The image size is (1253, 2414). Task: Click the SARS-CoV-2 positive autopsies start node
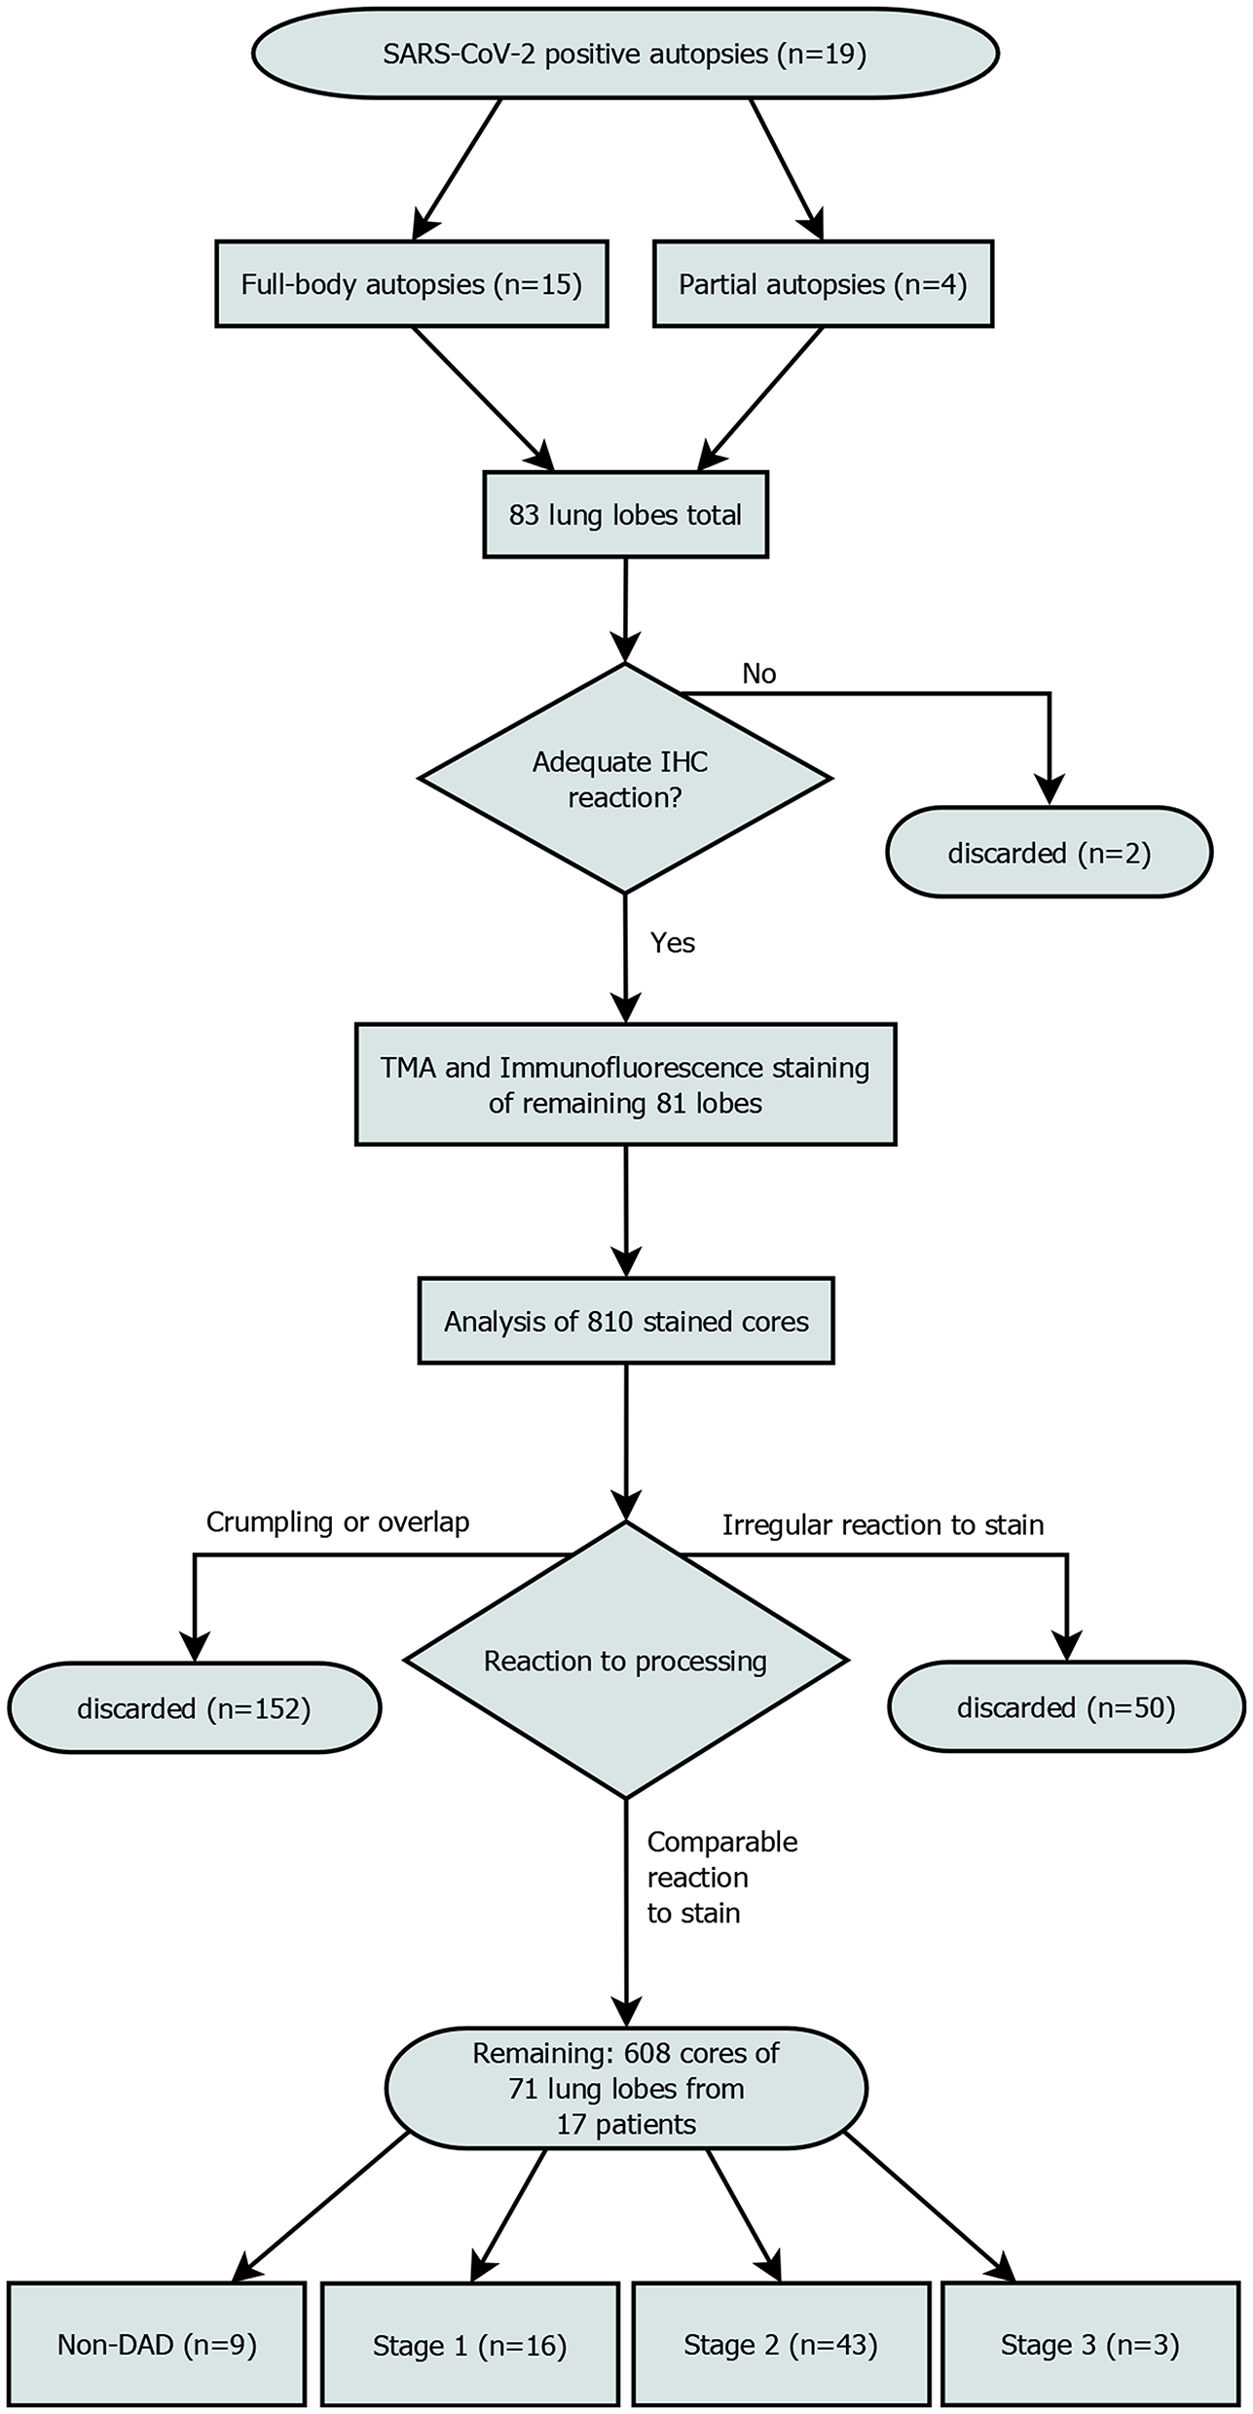(625, 54)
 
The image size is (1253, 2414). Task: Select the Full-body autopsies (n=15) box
(411, 284)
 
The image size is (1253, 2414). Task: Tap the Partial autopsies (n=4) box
(823, 284)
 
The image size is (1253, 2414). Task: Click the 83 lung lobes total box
(625, 514)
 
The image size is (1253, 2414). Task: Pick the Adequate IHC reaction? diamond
(625, 779)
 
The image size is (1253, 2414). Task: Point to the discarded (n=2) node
(1049, 854)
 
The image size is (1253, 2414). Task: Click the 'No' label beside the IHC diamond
(758, 674)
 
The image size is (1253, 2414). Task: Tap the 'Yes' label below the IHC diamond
(672, 942)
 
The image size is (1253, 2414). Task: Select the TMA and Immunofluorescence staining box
(625, 1084)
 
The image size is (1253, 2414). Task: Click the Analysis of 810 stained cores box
(625, 1321)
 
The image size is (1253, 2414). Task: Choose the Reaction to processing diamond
(625, 1661)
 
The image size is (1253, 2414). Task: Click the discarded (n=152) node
(194, 1708)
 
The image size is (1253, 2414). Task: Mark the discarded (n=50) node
(1066, 1708)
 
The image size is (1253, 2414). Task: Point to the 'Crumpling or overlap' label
(337, 1522)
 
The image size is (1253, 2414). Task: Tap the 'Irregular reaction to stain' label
(882, 1524)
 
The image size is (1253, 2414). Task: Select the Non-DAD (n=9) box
(157, 2345)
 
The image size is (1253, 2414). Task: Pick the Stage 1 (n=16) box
(469, 2346)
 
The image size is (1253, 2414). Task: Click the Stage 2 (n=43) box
(780, 2345)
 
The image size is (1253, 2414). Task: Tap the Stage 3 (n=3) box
(1089, 2345)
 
